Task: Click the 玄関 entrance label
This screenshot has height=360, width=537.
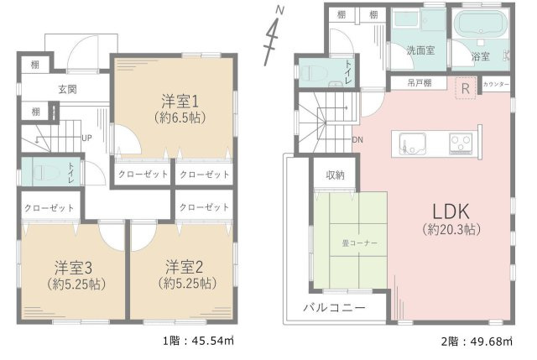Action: [68, 88]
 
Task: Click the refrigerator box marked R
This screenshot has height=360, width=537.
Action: [463, 86]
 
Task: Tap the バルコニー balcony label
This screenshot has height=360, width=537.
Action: [334, 308]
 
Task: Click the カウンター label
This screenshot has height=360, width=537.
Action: [497, 84]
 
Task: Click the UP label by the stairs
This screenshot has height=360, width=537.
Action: [86, 138]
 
